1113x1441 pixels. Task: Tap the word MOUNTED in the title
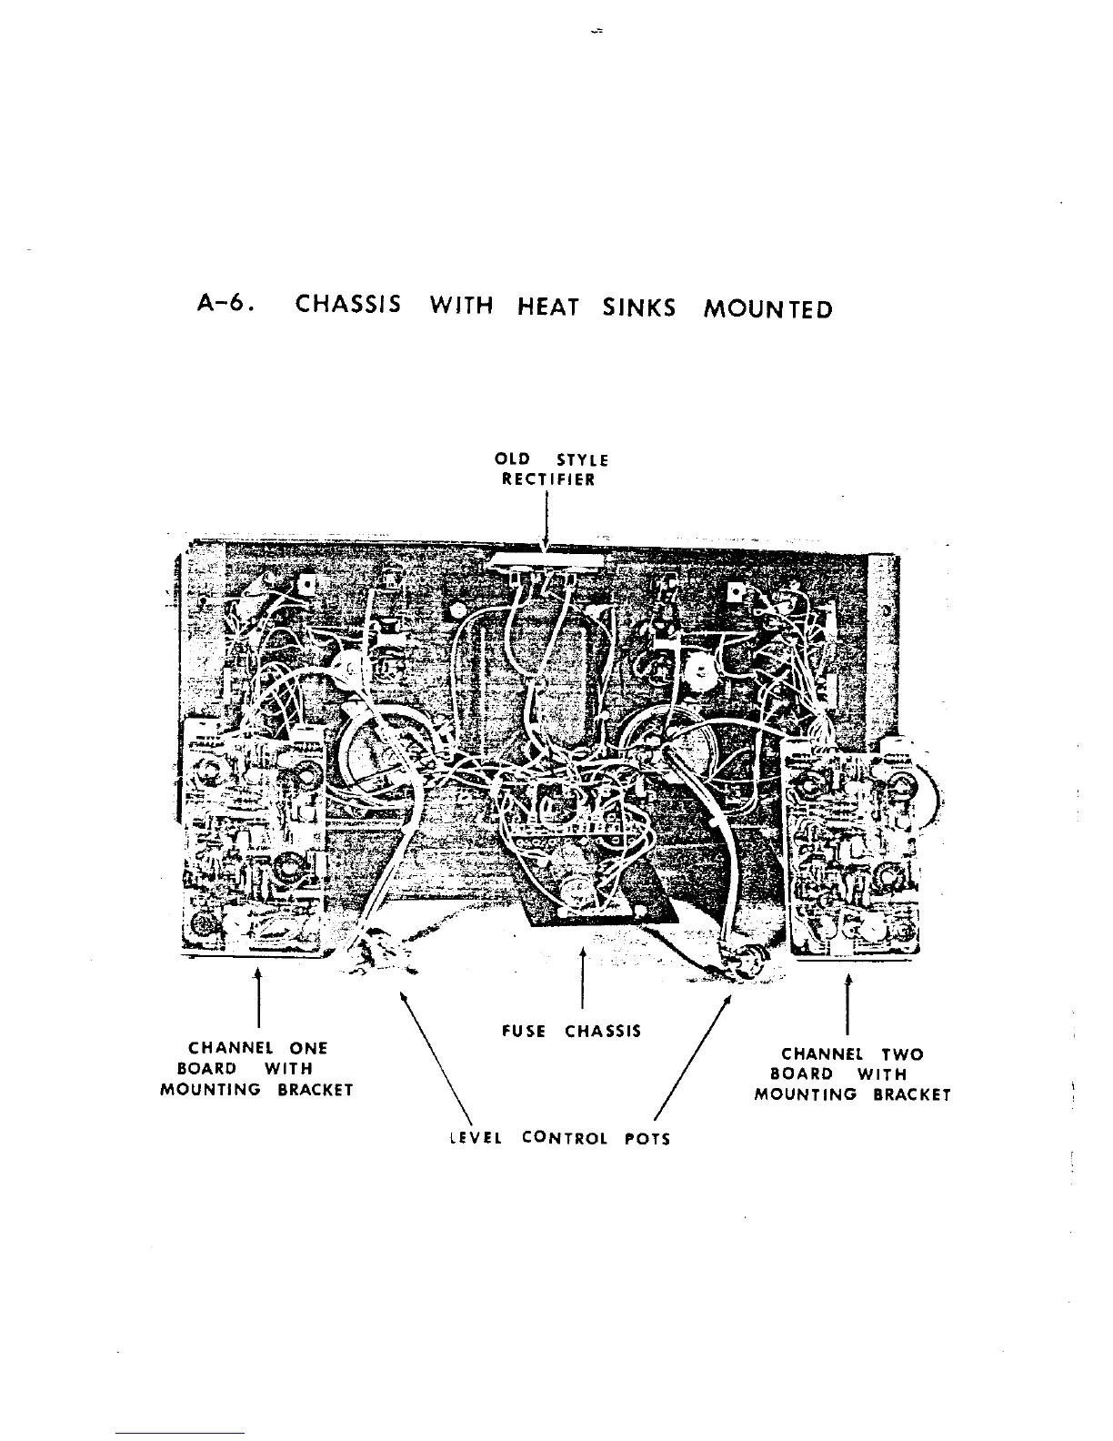768,309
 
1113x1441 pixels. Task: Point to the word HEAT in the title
548,307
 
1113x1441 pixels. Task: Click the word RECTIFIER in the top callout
548,479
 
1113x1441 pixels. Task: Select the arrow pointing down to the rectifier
545,523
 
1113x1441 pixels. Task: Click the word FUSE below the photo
524,1031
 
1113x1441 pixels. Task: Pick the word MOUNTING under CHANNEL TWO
806,1094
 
